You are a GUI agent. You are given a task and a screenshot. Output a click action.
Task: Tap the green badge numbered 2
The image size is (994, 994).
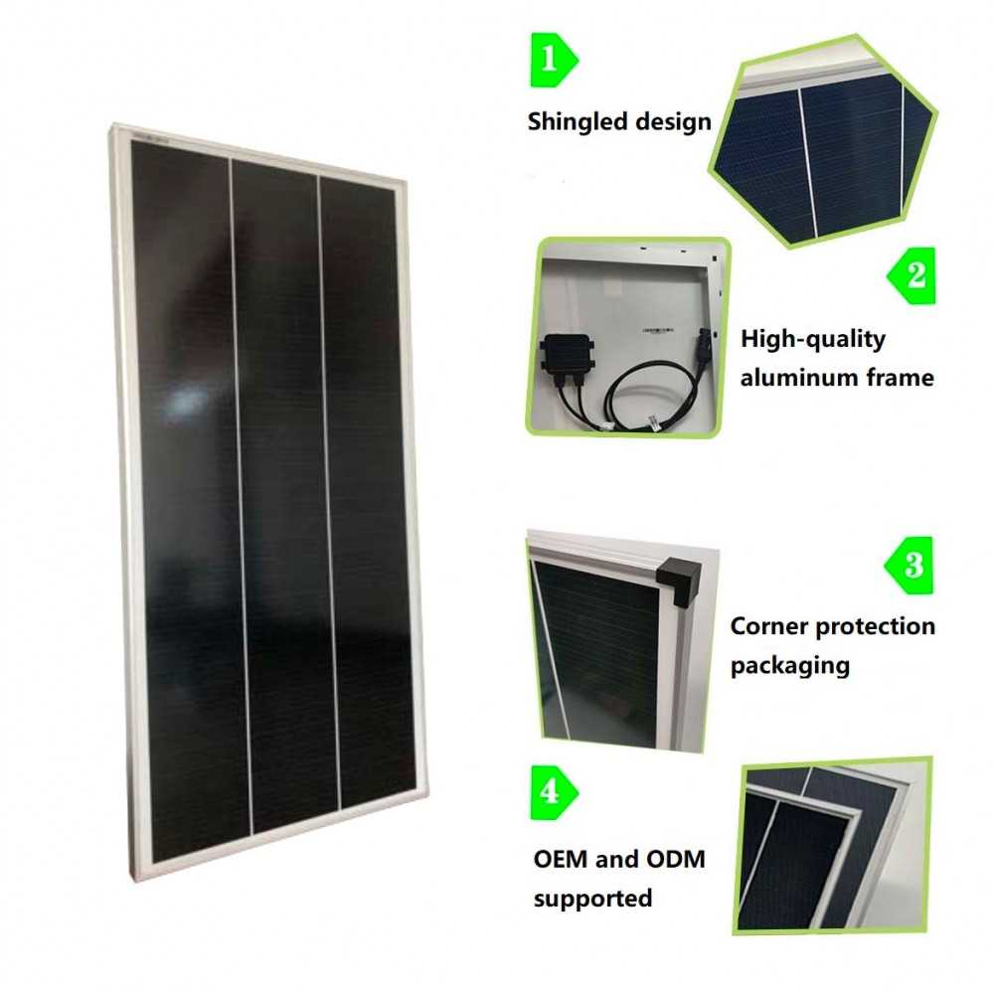[911, 275]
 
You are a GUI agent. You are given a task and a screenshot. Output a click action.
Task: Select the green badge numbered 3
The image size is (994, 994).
[911, 565]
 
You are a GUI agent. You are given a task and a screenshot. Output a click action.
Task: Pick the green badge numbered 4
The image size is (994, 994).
[554, 794]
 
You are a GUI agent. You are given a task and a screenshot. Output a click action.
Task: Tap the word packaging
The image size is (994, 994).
[790, 665]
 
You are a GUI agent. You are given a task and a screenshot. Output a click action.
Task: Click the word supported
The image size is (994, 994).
[592, 898]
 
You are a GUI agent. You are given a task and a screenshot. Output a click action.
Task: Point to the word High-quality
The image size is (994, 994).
[812, 339]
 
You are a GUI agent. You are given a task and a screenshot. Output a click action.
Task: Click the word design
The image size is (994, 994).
[676, 122]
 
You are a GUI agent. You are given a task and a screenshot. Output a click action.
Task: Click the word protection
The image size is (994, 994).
[875, 626]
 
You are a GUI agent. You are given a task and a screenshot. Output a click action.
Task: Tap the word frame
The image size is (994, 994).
[902, 378]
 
